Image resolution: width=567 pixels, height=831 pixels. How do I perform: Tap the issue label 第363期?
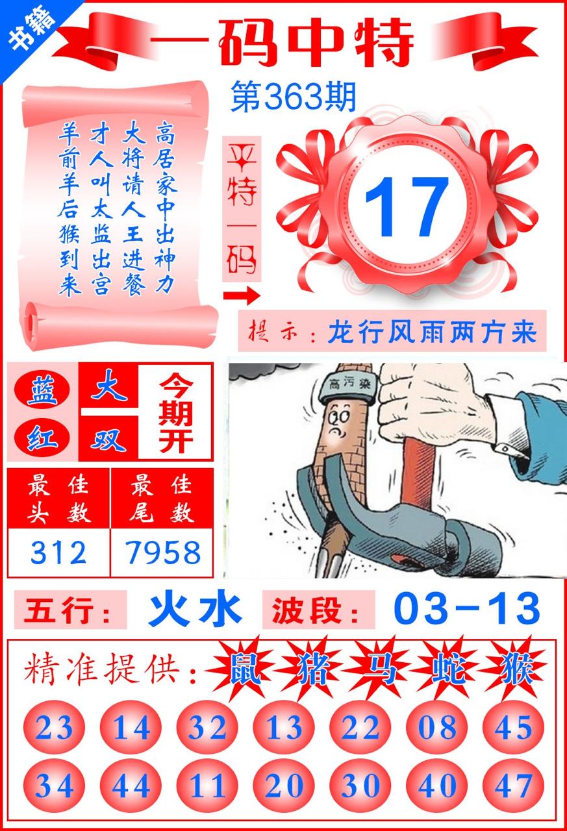(x=293, y=97)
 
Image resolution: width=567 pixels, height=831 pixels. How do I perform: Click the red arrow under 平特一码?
(x=242, y=295)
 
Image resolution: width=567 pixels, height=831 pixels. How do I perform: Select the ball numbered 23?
(x=54, y=727)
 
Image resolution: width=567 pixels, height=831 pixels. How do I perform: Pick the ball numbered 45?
(x=513, y=727)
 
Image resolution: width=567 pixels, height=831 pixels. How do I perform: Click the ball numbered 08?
(x=436, y=727)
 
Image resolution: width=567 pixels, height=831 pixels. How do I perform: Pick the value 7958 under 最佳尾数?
(x=162, y=552)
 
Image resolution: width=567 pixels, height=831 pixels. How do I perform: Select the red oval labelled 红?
(x=42, y=438)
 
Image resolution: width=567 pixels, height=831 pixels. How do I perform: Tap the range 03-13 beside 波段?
(x=467, y=609)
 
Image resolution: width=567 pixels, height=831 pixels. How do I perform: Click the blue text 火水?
(x=194, y=609)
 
